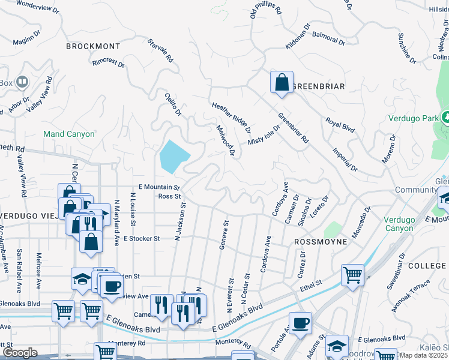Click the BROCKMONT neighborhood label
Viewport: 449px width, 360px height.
click(93, 46)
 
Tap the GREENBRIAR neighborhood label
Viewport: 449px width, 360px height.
click(318, 86)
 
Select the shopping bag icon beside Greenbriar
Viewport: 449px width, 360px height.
click(282, 83)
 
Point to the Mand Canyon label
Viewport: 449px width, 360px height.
click(68, 134)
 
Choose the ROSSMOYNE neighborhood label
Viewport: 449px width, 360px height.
click(321, 241)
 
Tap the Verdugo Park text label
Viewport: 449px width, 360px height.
click(413, 118)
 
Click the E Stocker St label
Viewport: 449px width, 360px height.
click(141, 238)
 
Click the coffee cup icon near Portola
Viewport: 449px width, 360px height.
click(300, 323)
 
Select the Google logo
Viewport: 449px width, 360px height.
click(20, 353)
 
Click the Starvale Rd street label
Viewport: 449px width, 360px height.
click(160, 51)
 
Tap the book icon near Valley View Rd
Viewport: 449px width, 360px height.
click(22, 82)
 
